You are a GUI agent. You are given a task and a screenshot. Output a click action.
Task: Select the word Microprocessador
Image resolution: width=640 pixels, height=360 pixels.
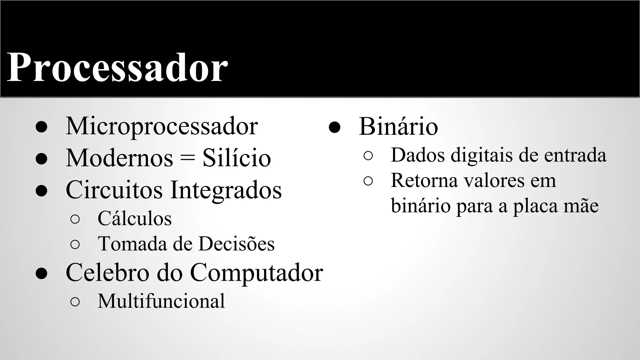(x=162, y=126)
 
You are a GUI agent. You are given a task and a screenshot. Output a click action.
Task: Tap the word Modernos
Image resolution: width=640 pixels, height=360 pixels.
(x=119, y=158)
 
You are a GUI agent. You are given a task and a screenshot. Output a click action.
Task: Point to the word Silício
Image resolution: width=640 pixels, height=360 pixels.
(x=237, y=158)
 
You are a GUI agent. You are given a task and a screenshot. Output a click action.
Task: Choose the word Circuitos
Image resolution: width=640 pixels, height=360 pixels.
(x=114, y=190)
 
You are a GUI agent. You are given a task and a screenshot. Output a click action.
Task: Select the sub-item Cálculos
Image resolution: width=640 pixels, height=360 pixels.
(x=134, y=218)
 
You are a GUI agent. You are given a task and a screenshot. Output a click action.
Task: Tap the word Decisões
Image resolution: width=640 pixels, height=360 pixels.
(x=237, y=244)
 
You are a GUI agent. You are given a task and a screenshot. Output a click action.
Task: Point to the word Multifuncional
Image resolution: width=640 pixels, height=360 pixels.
(x=161, y=301)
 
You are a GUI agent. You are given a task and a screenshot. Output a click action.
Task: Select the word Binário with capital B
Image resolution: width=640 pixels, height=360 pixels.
(x=398, y=126)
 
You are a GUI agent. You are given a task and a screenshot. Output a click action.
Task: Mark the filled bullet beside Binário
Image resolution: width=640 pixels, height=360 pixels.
(x=334, y=127)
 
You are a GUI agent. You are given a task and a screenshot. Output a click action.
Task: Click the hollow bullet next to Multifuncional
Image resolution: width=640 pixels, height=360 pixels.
(x=75, y=302)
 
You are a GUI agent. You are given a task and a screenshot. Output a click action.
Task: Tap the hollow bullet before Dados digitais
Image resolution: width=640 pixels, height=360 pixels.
(x=368, y=156)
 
